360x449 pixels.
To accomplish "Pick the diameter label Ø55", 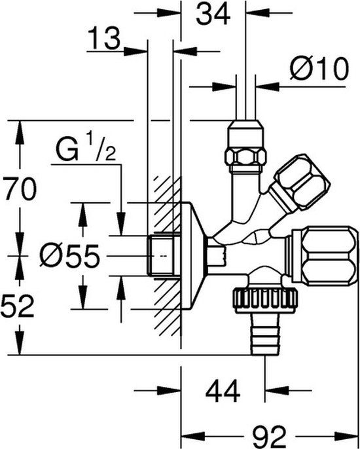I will [x=69, y=256].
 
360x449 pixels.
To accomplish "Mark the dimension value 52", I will [x=18, y=306].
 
